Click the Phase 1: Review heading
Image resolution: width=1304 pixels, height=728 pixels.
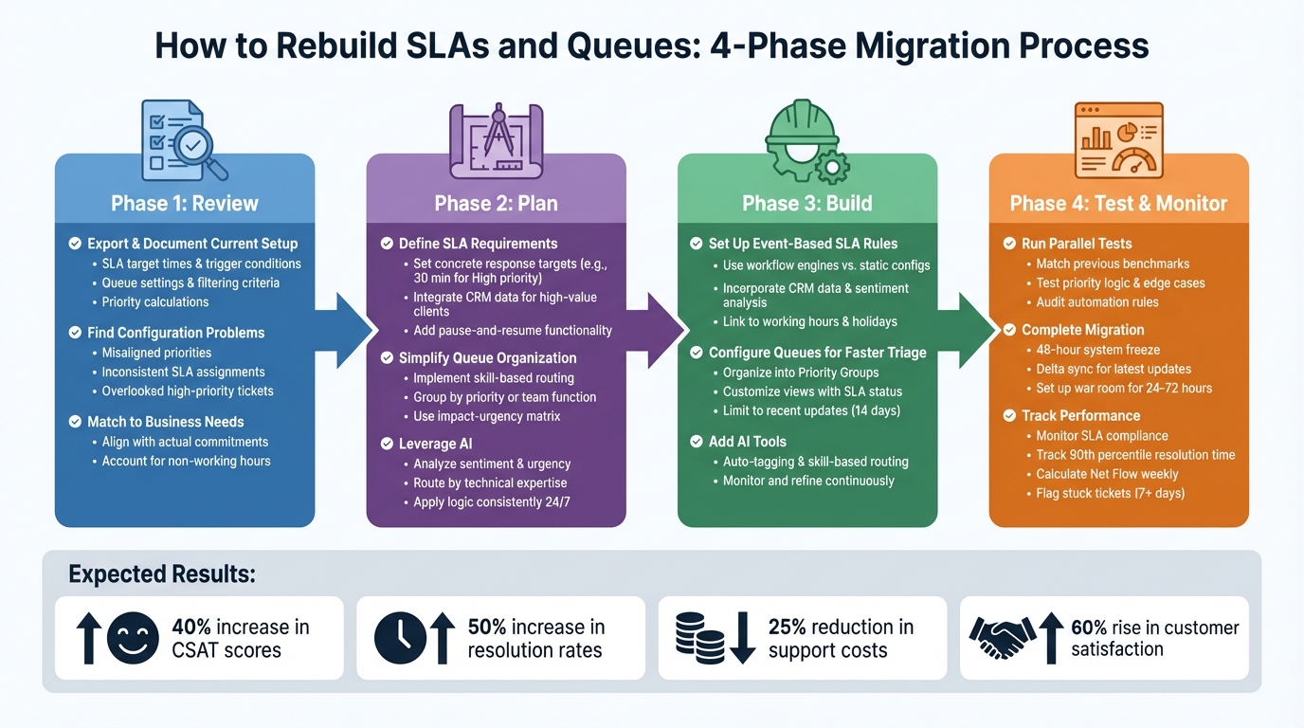tap(185, 204)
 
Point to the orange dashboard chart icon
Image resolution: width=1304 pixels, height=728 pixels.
tap(1118, 140)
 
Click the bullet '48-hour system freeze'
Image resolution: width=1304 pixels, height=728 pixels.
tap(1097, 350)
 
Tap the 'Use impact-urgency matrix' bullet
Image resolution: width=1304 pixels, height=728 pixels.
tap(486, 416)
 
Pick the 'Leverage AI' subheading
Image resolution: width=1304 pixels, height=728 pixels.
tap(435, 444)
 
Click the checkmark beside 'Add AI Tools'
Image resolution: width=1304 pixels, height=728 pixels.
tap(697, 442)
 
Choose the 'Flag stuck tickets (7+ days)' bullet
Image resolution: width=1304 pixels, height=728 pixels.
tap(1110, 493)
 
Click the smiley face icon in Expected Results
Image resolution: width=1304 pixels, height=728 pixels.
tap(133, 638)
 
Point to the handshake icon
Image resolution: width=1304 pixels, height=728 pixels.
tap(1002, 638)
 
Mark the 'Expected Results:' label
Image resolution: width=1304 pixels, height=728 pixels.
tap(161, 574)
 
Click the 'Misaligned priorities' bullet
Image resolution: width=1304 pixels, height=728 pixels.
tap(156, 353)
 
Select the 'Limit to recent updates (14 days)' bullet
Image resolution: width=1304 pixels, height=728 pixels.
tap(811, 410)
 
